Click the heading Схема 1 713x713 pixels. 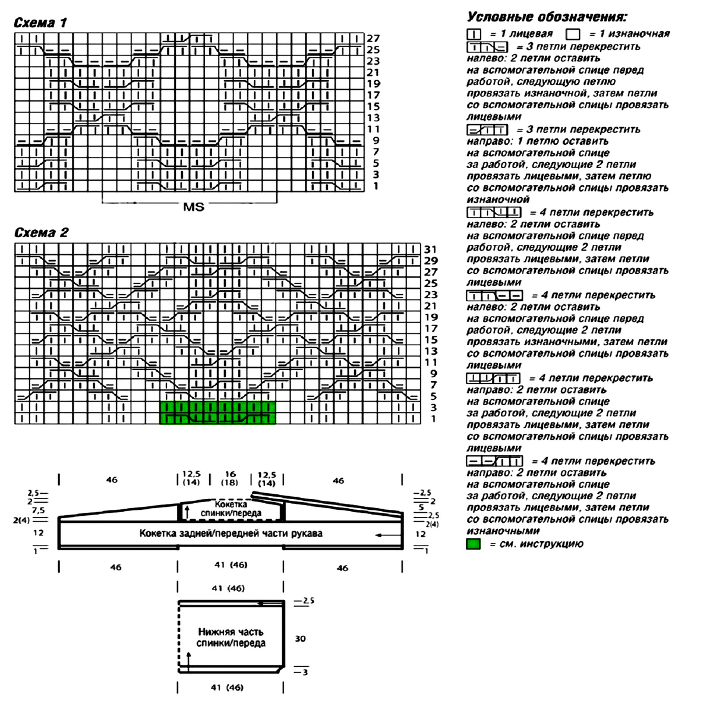[x=40, y=23]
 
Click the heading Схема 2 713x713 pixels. [x=41, y=232]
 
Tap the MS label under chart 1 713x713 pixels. [x=194, y=207]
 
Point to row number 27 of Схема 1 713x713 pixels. [x=373, y=39]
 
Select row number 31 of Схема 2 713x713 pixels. [x=431, y=249]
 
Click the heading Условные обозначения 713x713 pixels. [x=547, y=17]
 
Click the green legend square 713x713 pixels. [x=474, y=544]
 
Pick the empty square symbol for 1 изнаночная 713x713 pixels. [x=573, y=34]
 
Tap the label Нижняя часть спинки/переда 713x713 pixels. [x=231, y=638]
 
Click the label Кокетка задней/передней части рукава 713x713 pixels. [x=231, y=533]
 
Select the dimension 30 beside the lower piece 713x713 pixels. [x=300, y=639]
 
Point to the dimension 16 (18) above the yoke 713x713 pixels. [x=230, y=478]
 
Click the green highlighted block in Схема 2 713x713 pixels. [x=218, y=412]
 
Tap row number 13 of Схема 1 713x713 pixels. [x=373, y=118]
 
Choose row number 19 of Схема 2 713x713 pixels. [x=431, y=317]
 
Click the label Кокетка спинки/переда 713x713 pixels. [x=231, y=508]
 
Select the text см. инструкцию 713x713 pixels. [x=536, y=544]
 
